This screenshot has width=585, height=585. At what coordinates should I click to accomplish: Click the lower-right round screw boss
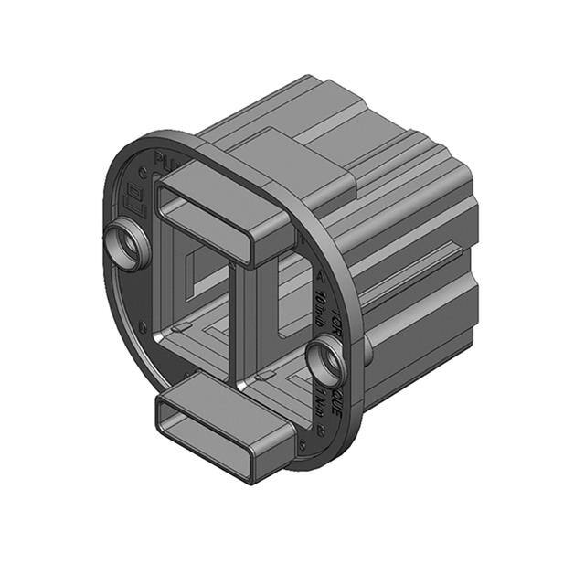(325, 359)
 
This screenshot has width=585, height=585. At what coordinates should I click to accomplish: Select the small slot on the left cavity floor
(182, 326)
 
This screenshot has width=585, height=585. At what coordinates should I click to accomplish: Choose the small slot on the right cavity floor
(266, 373)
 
